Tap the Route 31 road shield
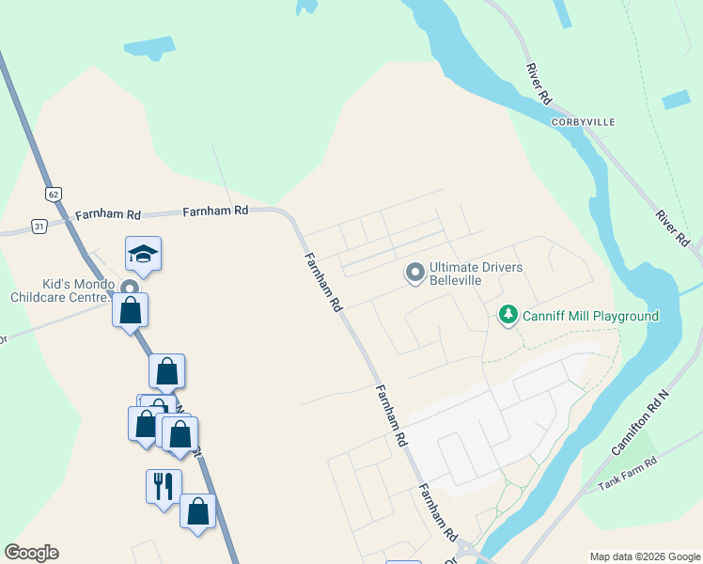point(39,226)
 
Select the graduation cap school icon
point(143,253)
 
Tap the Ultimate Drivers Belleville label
point(476,274)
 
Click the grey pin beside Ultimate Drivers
point(414,274)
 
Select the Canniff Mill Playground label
point(590,316)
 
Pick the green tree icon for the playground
point(508,314)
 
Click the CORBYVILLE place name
point(583,122)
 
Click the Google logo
point(31,553)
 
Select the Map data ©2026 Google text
point(646,556)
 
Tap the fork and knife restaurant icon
point(164,485)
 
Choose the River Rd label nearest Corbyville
point(539,84)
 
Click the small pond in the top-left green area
point(148,47)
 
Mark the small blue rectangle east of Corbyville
point(675,100)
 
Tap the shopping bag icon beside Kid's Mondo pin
point(130,309)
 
